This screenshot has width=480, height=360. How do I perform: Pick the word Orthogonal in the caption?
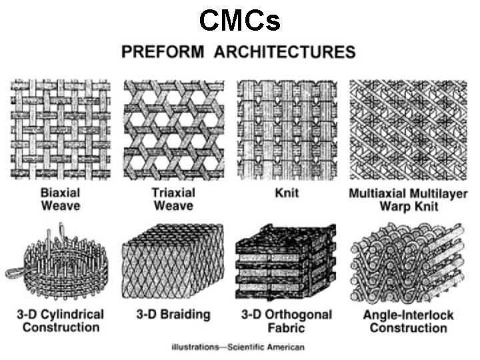[295, 314]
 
